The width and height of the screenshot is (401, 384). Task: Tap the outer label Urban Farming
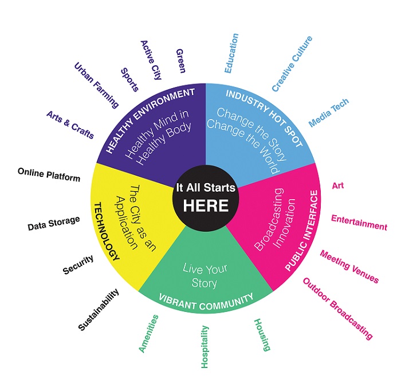click(96, 85)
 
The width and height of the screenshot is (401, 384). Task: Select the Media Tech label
click(328, 113)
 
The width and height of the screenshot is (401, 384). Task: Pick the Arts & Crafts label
click(70, 124)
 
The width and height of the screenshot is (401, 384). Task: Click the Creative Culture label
click(292, 64)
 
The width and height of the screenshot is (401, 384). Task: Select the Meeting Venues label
click(349, 266)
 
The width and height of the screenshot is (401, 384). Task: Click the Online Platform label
click(49, 175)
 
